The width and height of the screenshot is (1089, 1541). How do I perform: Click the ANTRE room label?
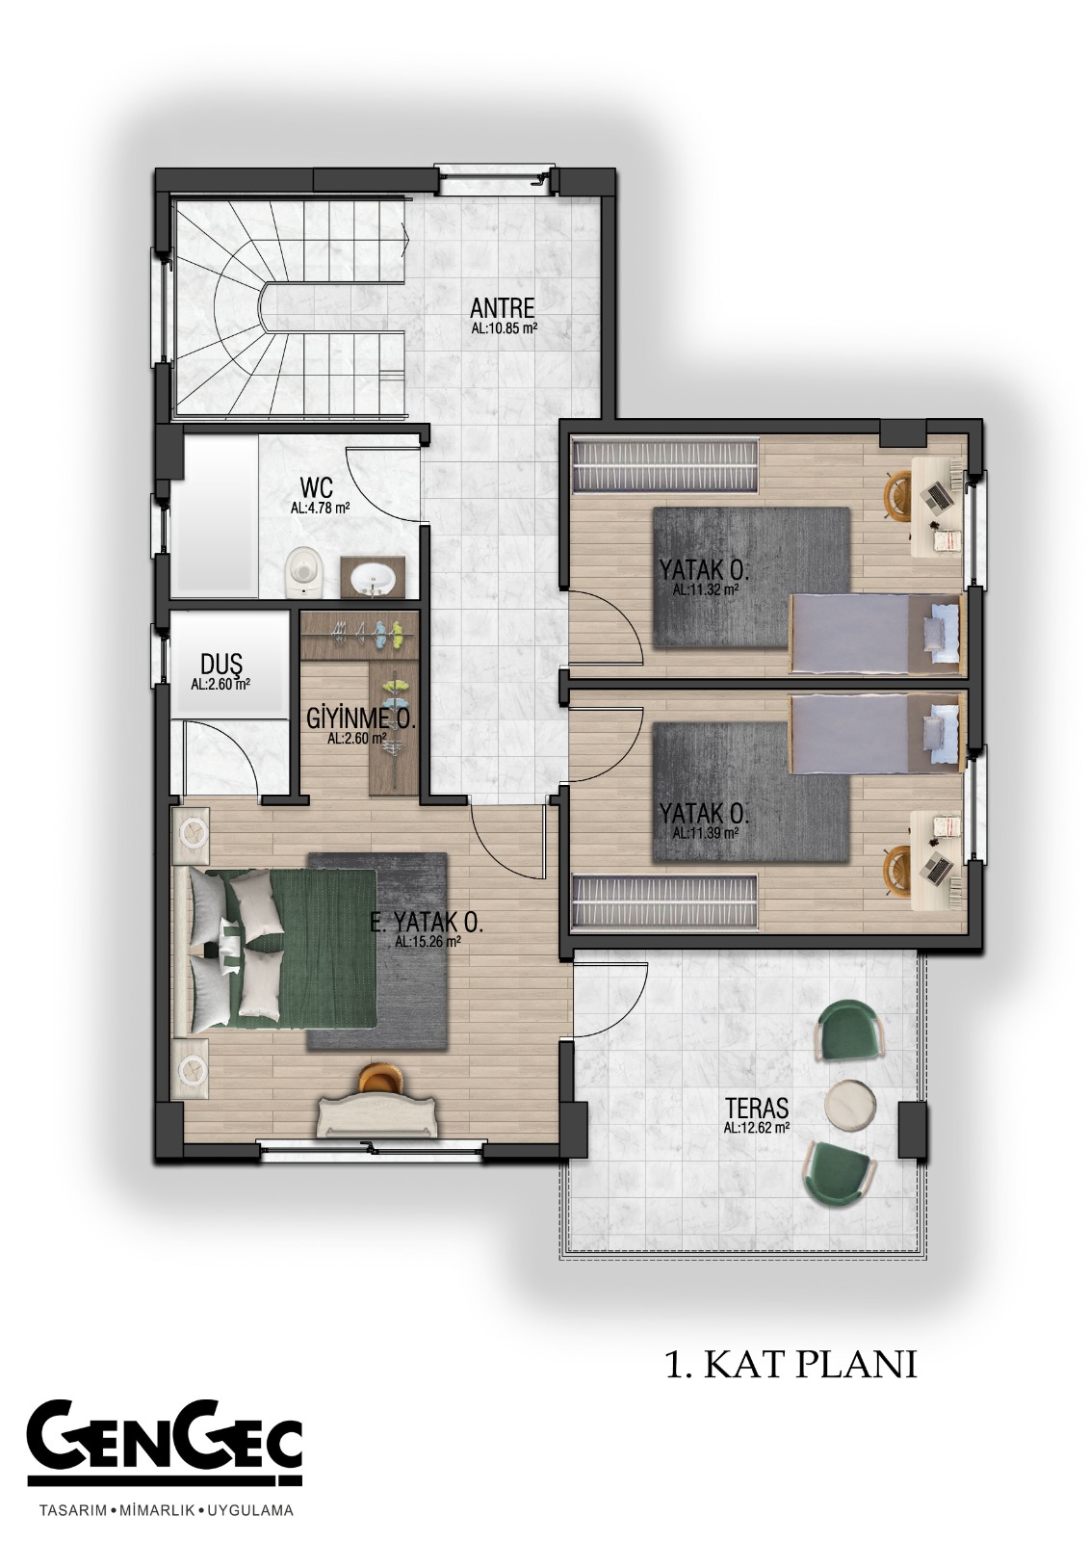point(503,307)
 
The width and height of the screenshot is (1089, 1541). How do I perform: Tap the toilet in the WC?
point(303,570)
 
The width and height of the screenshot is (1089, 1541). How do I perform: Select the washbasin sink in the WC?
point(372,577)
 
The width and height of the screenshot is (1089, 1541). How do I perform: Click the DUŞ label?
point(220,665)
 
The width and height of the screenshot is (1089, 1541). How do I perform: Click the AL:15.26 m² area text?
point(428,943)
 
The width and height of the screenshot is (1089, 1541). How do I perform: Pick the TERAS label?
point(757,1107)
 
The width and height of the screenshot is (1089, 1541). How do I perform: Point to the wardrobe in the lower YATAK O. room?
point(665,900)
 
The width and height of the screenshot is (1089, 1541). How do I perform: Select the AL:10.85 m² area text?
point(504,328)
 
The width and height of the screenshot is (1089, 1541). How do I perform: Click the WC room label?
point(317,488)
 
